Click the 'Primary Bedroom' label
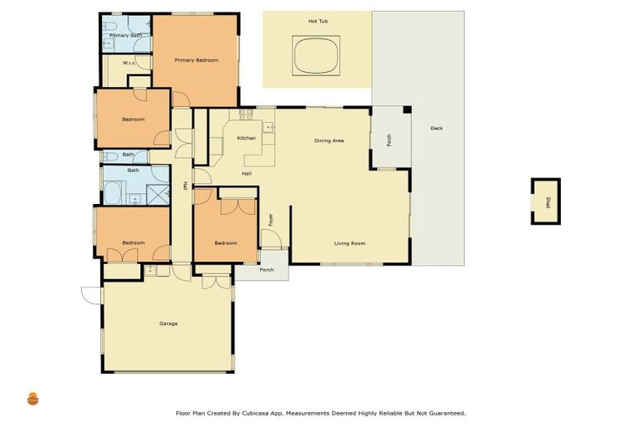click(196, 60)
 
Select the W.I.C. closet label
click(129, 63)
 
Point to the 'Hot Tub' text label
click(318, 20)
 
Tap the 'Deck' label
click(436, 128)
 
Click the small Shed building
click(545, 201)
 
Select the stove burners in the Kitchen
click(246, 113)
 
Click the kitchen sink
click(269, 128)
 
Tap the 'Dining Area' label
click(329, 140)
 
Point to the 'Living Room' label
click(349, 243)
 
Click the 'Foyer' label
click(271, 219)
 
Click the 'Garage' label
click(168, 324)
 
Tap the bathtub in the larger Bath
click(112, 194)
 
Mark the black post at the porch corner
click(406, 110)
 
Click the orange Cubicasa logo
click(33, 399)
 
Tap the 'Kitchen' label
click(246, 138)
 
